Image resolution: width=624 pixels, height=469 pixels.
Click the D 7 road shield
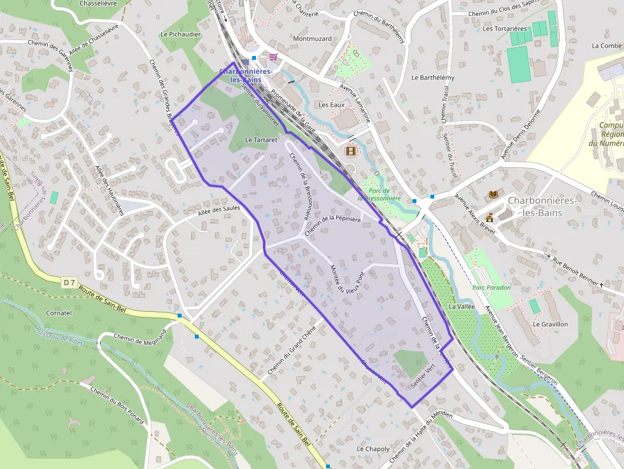[x=70, y=282]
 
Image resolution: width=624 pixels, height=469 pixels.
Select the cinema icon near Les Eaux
[x=350, y=151]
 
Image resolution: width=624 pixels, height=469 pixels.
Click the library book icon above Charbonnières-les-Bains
[x=493, y=194]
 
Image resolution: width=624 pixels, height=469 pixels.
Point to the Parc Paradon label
[x=492, y=288]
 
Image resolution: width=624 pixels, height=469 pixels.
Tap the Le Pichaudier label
[x=181, y=34]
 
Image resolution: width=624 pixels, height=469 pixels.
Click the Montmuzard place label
[x=312, y=39]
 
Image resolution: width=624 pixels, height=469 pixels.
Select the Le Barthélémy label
[x=433, y=78]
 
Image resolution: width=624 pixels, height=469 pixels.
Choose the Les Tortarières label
[x=505, y=29]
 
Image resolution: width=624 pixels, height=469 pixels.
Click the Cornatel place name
[x=59, y=313]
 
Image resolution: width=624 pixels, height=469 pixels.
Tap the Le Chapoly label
[x=373, y=449]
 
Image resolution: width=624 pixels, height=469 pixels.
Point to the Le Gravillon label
[x=550, y=324]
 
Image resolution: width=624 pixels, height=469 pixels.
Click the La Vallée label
[x=462, y=306]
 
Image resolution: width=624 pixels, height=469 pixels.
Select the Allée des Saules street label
[x=218, y=210]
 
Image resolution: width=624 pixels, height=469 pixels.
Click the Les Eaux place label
[x=330, y=105]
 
